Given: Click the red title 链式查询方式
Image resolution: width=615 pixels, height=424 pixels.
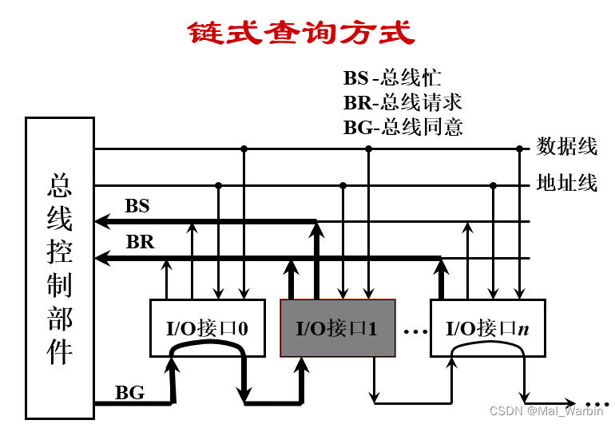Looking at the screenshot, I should [x=302, y=33].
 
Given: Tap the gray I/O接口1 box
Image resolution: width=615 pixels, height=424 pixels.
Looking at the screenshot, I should [x=336, y=327].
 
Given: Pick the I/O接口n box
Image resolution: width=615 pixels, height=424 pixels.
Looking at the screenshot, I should [x=487, y=327].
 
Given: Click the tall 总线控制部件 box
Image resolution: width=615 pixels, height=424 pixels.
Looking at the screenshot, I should [x=59, y=267].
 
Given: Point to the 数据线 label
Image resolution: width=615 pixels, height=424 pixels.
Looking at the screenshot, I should [x=567, y=146].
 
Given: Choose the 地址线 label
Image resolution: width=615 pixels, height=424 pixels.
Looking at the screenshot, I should [x=567, y=184].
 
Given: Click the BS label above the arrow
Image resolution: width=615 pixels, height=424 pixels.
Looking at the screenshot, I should [x=137, y=206].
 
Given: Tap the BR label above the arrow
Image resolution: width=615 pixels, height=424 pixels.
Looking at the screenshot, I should [x=140, y=242].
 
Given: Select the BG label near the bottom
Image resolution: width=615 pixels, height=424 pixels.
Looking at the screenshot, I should [x=129, y=392].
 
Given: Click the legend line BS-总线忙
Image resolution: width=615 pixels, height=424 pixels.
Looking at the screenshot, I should [x=392, y=78].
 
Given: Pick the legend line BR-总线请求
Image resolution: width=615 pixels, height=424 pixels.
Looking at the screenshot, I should [x=403, y=102].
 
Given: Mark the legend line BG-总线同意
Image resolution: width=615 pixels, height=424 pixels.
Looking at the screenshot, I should [x=403, y=127].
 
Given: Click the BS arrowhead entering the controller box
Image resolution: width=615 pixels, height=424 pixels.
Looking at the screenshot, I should [x=101, y=221].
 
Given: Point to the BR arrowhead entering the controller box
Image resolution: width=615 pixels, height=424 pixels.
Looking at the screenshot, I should [x=101, y=257].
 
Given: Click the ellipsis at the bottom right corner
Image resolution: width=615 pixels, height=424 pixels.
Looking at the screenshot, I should [x=597, y=403].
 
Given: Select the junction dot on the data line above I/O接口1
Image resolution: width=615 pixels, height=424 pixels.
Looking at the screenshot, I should [x=368, y=149].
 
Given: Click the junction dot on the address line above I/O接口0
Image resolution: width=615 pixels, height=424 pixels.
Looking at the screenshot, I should [x=218, y=185].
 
